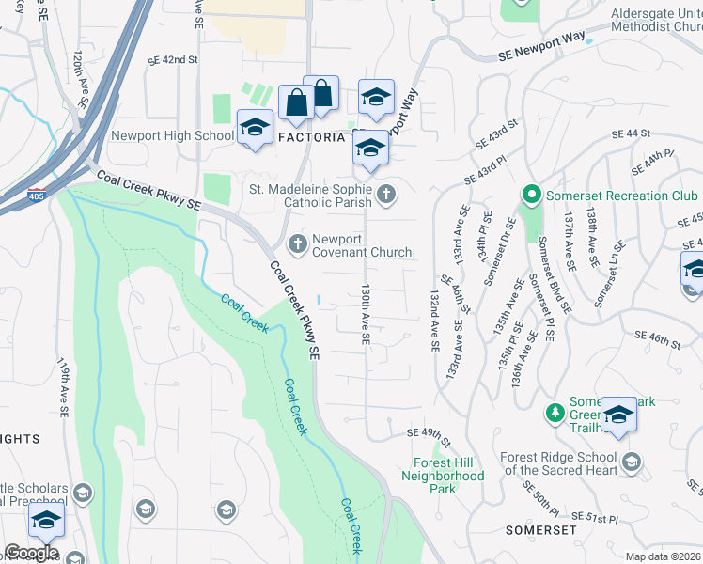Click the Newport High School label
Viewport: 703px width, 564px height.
click(172, 136)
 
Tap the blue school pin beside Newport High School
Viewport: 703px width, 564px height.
click(254, 127)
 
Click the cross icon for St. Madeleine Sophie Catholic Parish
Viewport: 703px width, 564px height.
click(385, 196)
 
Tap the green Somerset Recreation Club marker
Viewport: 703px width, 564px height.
click(530, 196)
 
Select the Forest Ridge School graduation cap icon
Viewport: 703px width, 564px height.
click(632, 462)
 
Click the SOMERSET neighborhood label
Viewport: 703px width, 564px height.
click(539, 530)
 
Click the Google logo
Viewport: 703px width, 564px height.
click(31, 552)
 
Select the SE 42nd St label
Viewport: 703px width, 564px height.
click(174, 59)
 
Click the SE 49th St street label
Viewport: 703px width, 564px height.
click(429, 432)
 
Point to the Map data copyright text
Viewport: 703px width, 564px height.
click(662, 556)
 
